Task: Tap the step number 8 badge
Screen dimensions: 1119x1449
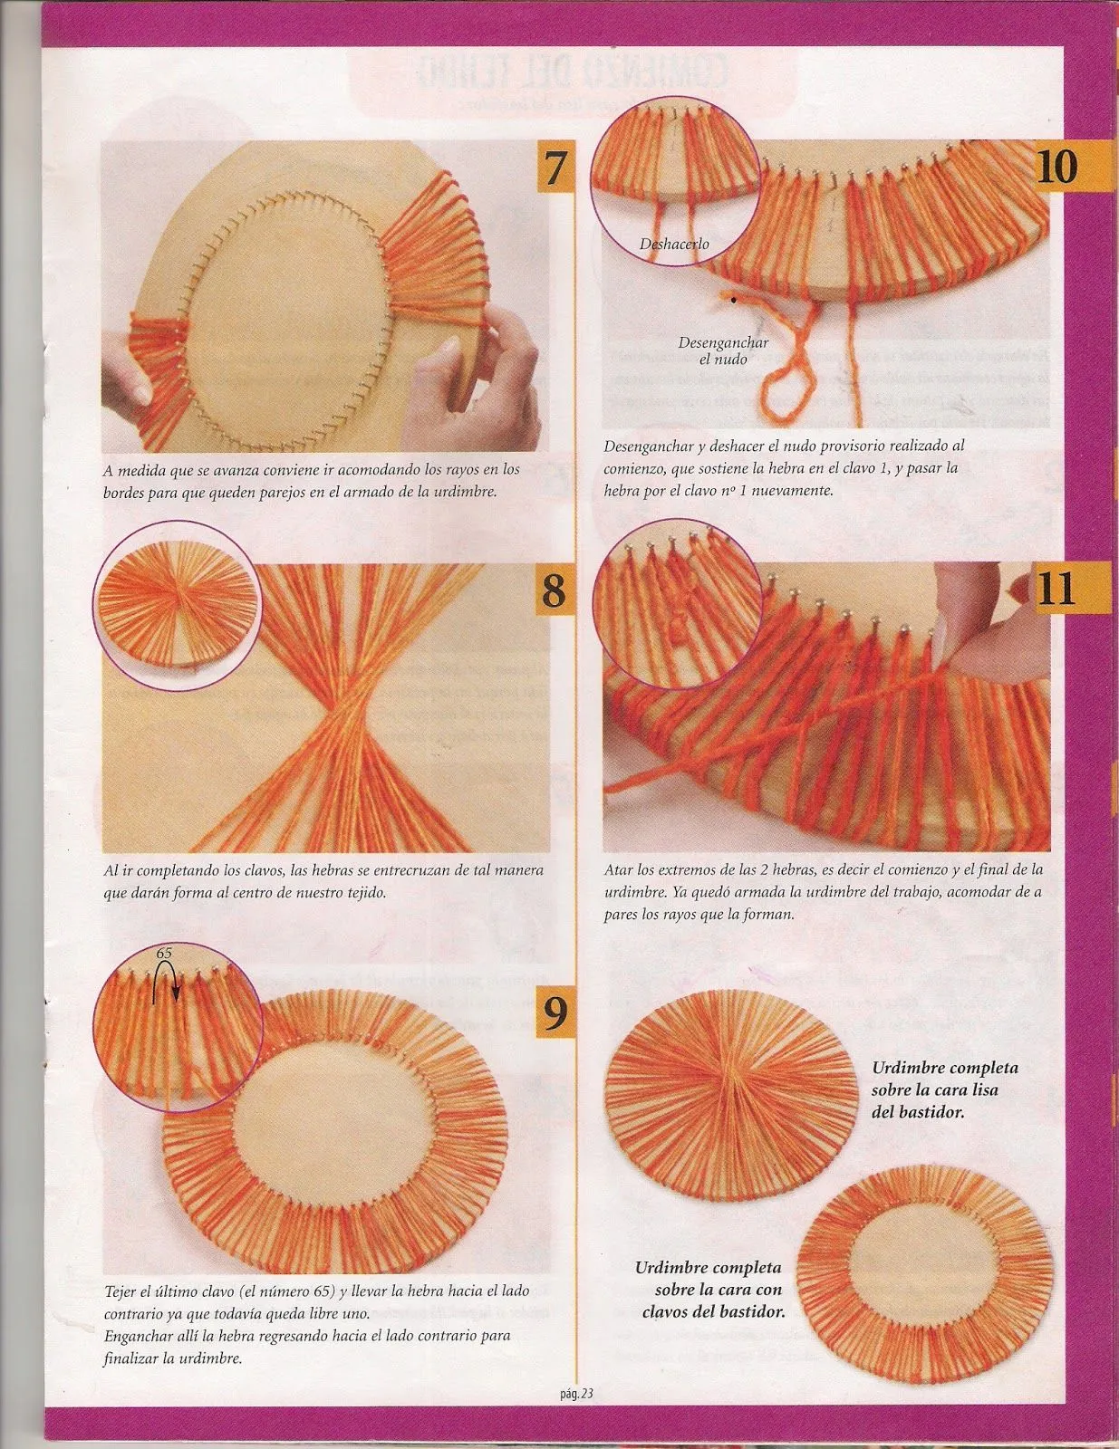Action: tap(555, 590)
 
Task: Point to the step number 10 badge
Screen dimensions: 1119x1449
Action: tap(1057, 166)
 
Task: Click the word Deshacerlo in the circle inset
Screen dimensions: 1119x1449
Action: tap(674, 244)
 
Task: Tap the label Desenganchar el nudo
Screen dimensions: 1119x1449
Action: tap(723, 350)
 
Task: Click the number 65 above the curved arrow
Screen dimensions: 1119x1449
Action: tap(164, 954)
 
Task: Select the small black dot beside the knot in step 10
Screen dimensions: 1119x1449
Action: tap(734, 301)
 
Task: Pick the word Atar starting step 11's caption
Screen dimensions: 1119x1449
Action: tap(618, 869)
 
